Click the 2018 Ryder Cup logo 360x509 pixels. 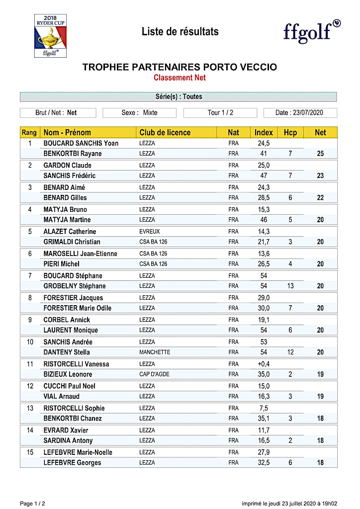[x=50, y=35]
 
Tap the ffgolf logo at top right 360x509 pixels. [x=312, y=31]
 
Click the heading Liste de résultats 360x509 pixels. [x=180, y=32]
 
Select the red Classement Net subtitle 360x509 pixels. [x=180, y=78]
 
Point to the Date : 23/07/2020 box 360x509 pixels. [x=300, y=113]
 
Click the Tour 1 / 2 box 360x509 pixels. [x=220, y=113]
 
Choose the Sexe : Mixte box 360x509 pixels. [x=139, y=113]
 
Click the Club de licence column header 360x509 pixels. [x=165, y=132]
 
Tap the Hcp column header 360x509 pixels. [x=290, y=132]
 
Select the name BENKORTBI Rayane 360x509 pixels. [x=73, y=154]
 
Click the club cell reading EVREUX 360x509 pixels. [x=150, y=232]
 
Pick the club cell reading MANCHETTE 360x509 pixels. [x=155, y=352]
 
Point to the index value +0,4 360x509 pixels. [x=264, y=364]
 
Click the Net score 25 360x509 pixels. [x=320, y=154]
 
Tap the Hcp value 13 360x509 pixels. [x=290, y=286]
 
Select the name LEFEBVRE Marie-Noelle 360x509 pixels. [x=78, y=452]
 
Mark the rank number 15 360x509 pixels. [x=30, y=452]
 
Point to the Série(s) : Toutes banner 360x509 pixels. [x=178, y=96]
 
